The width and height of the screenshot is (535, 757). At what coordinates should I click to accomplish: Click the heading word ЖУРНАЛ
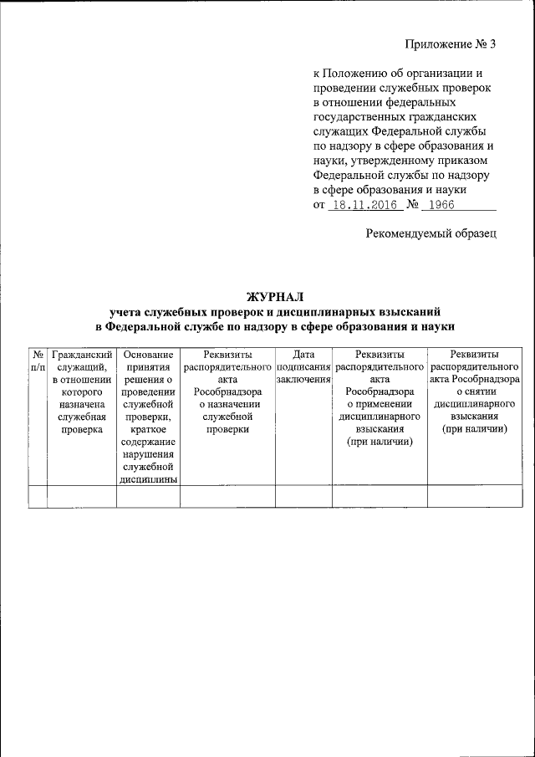[x=275, y=295]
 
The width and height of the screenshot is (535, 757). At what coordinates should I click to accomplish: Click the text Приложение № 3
[x=451, y=43]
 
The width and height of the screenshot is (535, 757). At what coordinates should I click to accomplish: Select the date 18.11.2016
[x=360, y=206]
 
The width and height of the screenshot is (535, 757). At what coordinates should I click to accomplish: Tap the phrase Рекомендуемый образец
[x=431, y=233]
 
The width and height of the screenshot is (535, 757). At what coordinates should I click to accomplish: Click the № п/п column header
[x=37, y=361]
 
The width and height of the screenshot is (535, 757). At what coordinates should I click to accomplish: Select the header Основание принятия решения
[x=147, y=415]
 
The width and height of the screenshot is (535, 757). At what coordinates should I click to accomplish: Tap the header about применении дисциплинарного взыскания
[x=380, y=397]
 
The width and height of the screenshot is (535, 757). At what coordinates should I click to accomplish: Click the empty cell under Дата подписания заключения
[x=303, y=496]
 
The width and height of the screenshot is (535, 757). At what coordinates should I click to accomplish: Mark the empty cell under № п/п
[x=37, y=496]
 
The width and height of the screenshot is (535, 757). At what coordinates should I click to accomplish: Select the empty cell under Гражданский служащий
[x=81, y=496]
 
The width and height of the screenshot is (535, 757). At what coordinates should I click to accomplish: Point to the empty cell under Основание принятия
[x=147, y=496]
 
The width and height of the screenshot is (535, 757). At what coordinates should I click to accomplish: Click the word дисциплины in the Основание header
[x=147, y=480]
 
